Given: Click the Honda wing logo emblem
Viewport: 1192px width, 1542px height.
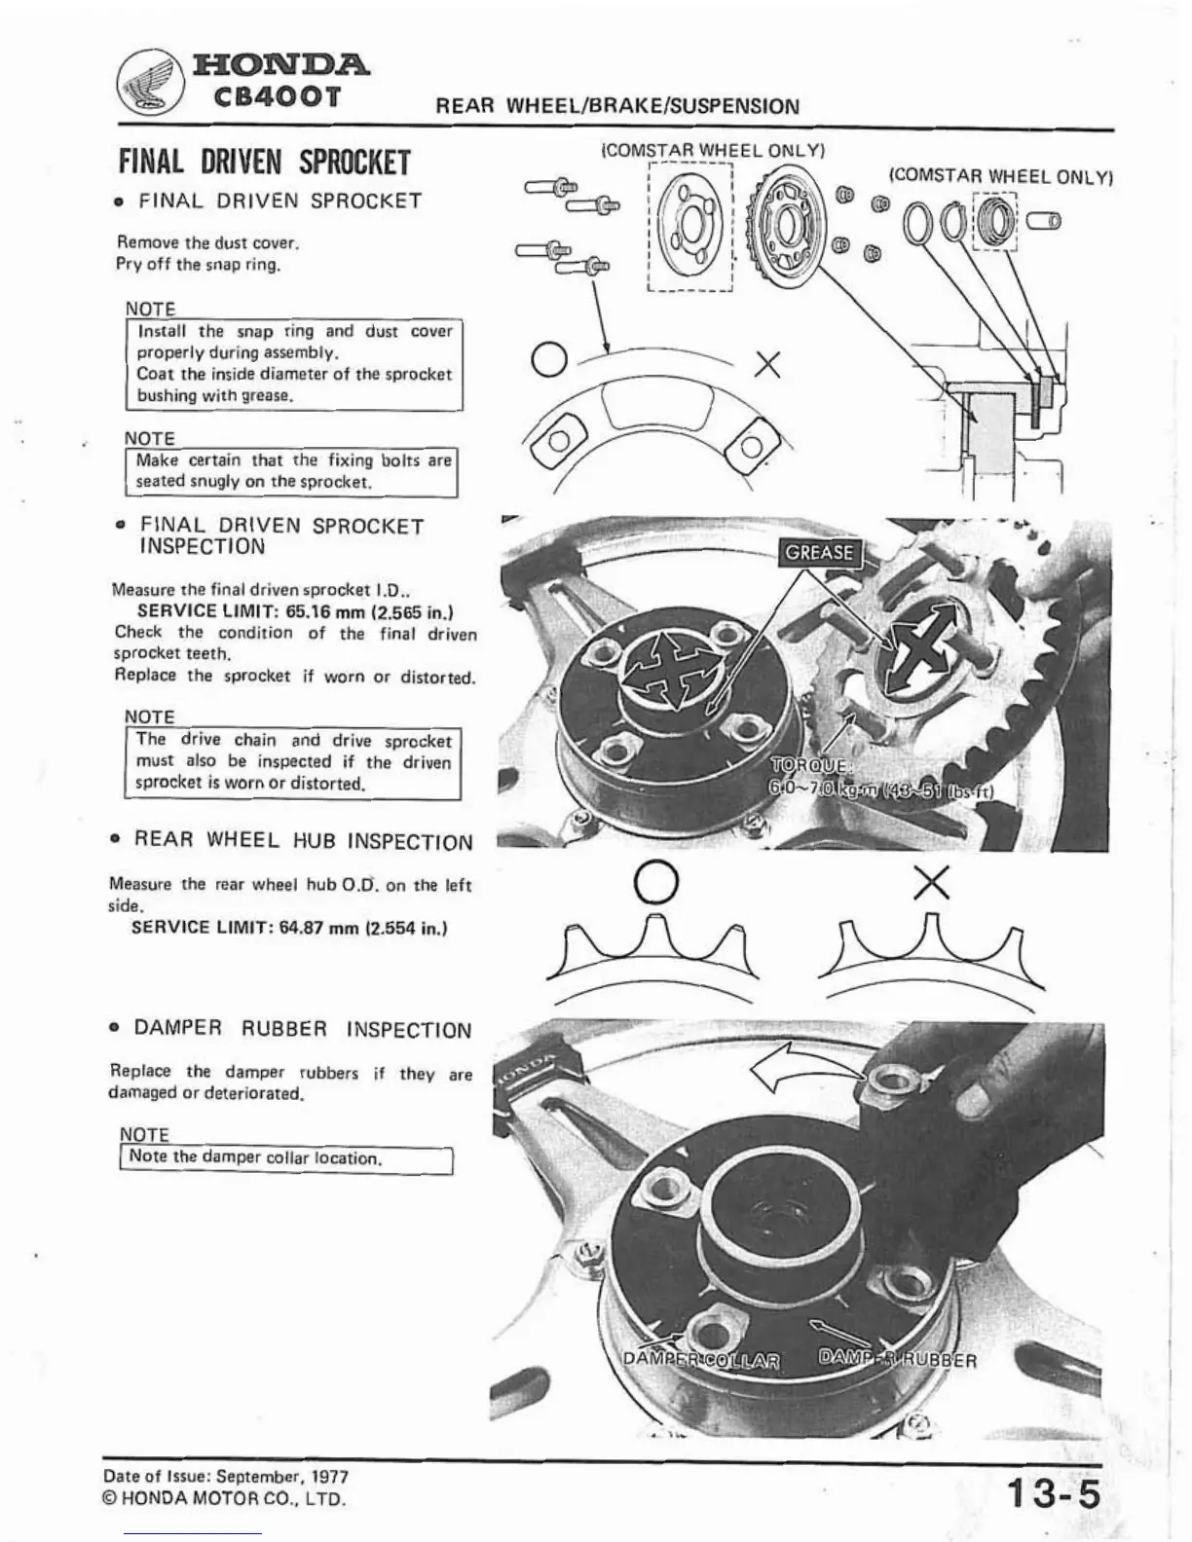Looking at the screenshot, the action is tap(152, 80).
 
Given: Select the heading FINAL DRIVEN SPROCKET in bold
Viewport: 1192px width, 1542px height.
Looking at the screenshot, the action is tap(264, 162).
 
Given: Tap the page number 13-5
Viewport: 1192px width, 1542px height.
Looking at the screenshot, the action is tap(1053, 1492).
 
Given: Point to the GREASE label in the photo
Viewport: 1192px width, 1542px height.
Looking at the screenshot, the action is tap(819, 553).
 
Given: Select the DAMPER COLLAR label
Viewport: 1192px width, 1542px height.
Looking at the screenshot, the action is tap(702, 1360).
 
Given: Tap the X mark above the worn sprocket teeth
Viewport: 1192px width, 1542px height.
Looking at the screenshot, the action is tap(932, 884).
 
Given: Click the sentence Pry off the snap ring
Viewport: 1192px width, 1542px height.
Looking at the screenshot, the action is tap(198, 264).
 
